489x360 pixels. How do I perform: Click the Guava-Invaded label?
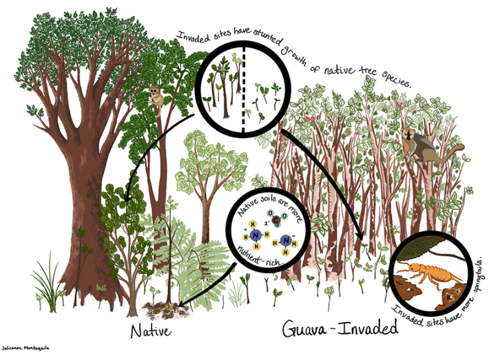pos(335,329)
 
